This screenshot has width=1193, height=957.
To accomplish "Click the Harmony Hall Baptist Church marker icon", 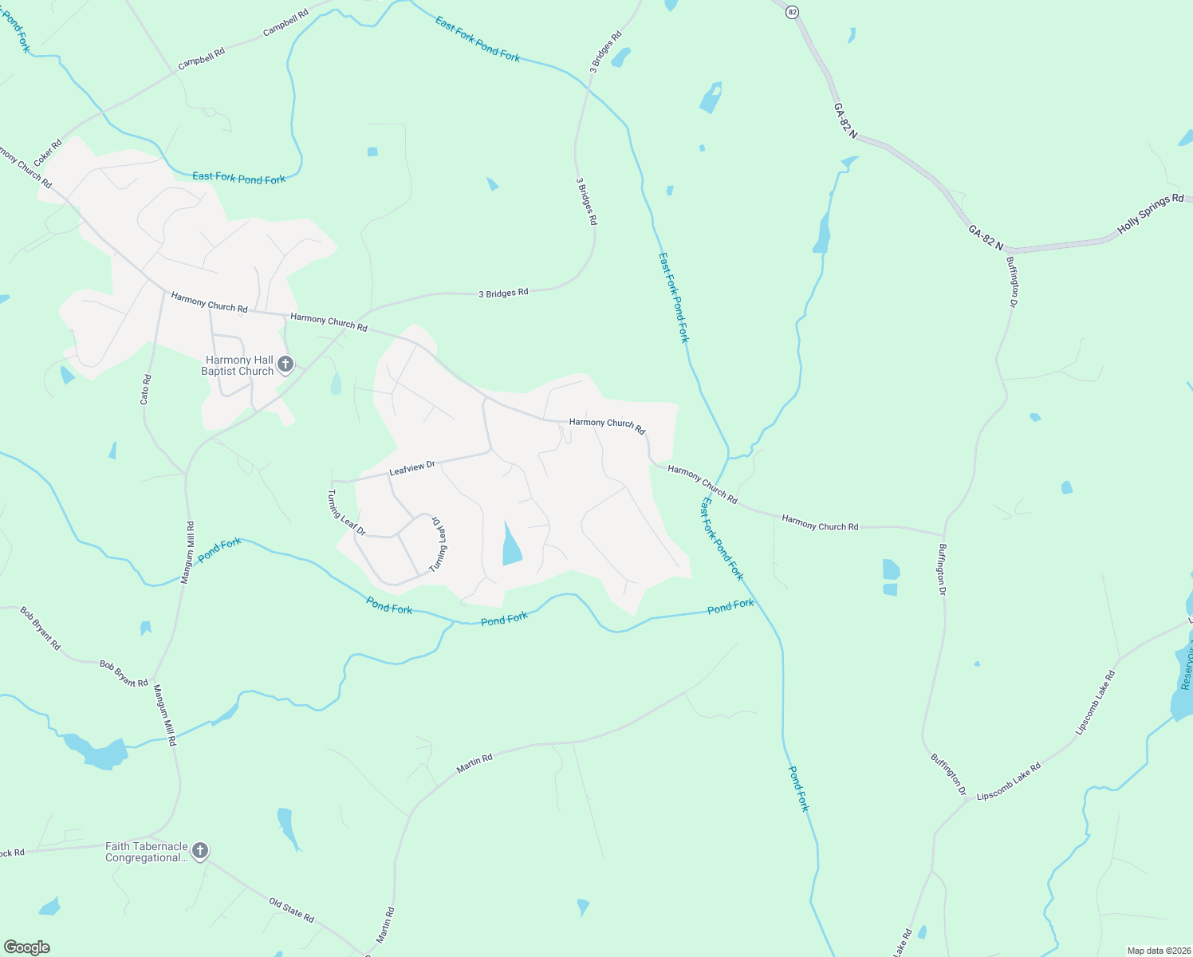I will point(285,365).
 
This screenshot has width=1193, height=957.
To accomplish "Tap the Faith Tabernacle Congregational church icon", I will point(200,851).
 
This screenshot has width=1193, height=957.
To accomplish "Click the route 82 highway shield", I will point(792,12).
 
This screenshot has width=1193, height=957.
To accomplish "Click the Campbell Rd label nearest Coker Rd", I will point(202,58).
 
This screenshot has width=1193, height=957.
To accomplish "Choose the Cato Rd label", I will point(145,389).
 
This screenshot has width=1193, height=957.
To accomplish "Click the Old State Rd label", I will point(291,910).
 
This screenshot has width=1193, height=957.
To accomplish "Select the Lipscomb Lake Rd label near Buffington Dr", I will point(1009,782).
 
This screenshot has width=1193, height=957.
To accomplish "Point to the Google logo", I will point(26,947).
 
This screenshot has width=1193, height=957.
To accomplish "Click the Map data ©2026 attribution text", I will point(1158,951).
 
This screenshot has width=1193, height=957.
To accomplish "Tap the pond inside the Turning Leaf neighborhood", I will point(510,545).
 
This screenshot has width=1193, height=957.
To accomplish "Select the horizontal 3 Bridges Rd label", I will point(503,293).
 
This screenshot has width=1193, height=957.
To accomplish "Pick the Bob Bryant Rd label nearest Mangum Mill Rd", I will point(124,674).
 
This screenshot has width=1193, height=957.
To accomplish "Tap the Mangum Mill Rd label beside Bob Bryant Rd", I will point(164,715).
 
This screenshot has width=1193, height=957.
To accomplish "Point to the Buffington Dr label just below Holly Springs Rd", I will point(1012,282).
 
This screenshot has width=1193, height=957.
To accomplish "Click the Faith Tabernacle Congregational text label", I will point(147,852).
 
